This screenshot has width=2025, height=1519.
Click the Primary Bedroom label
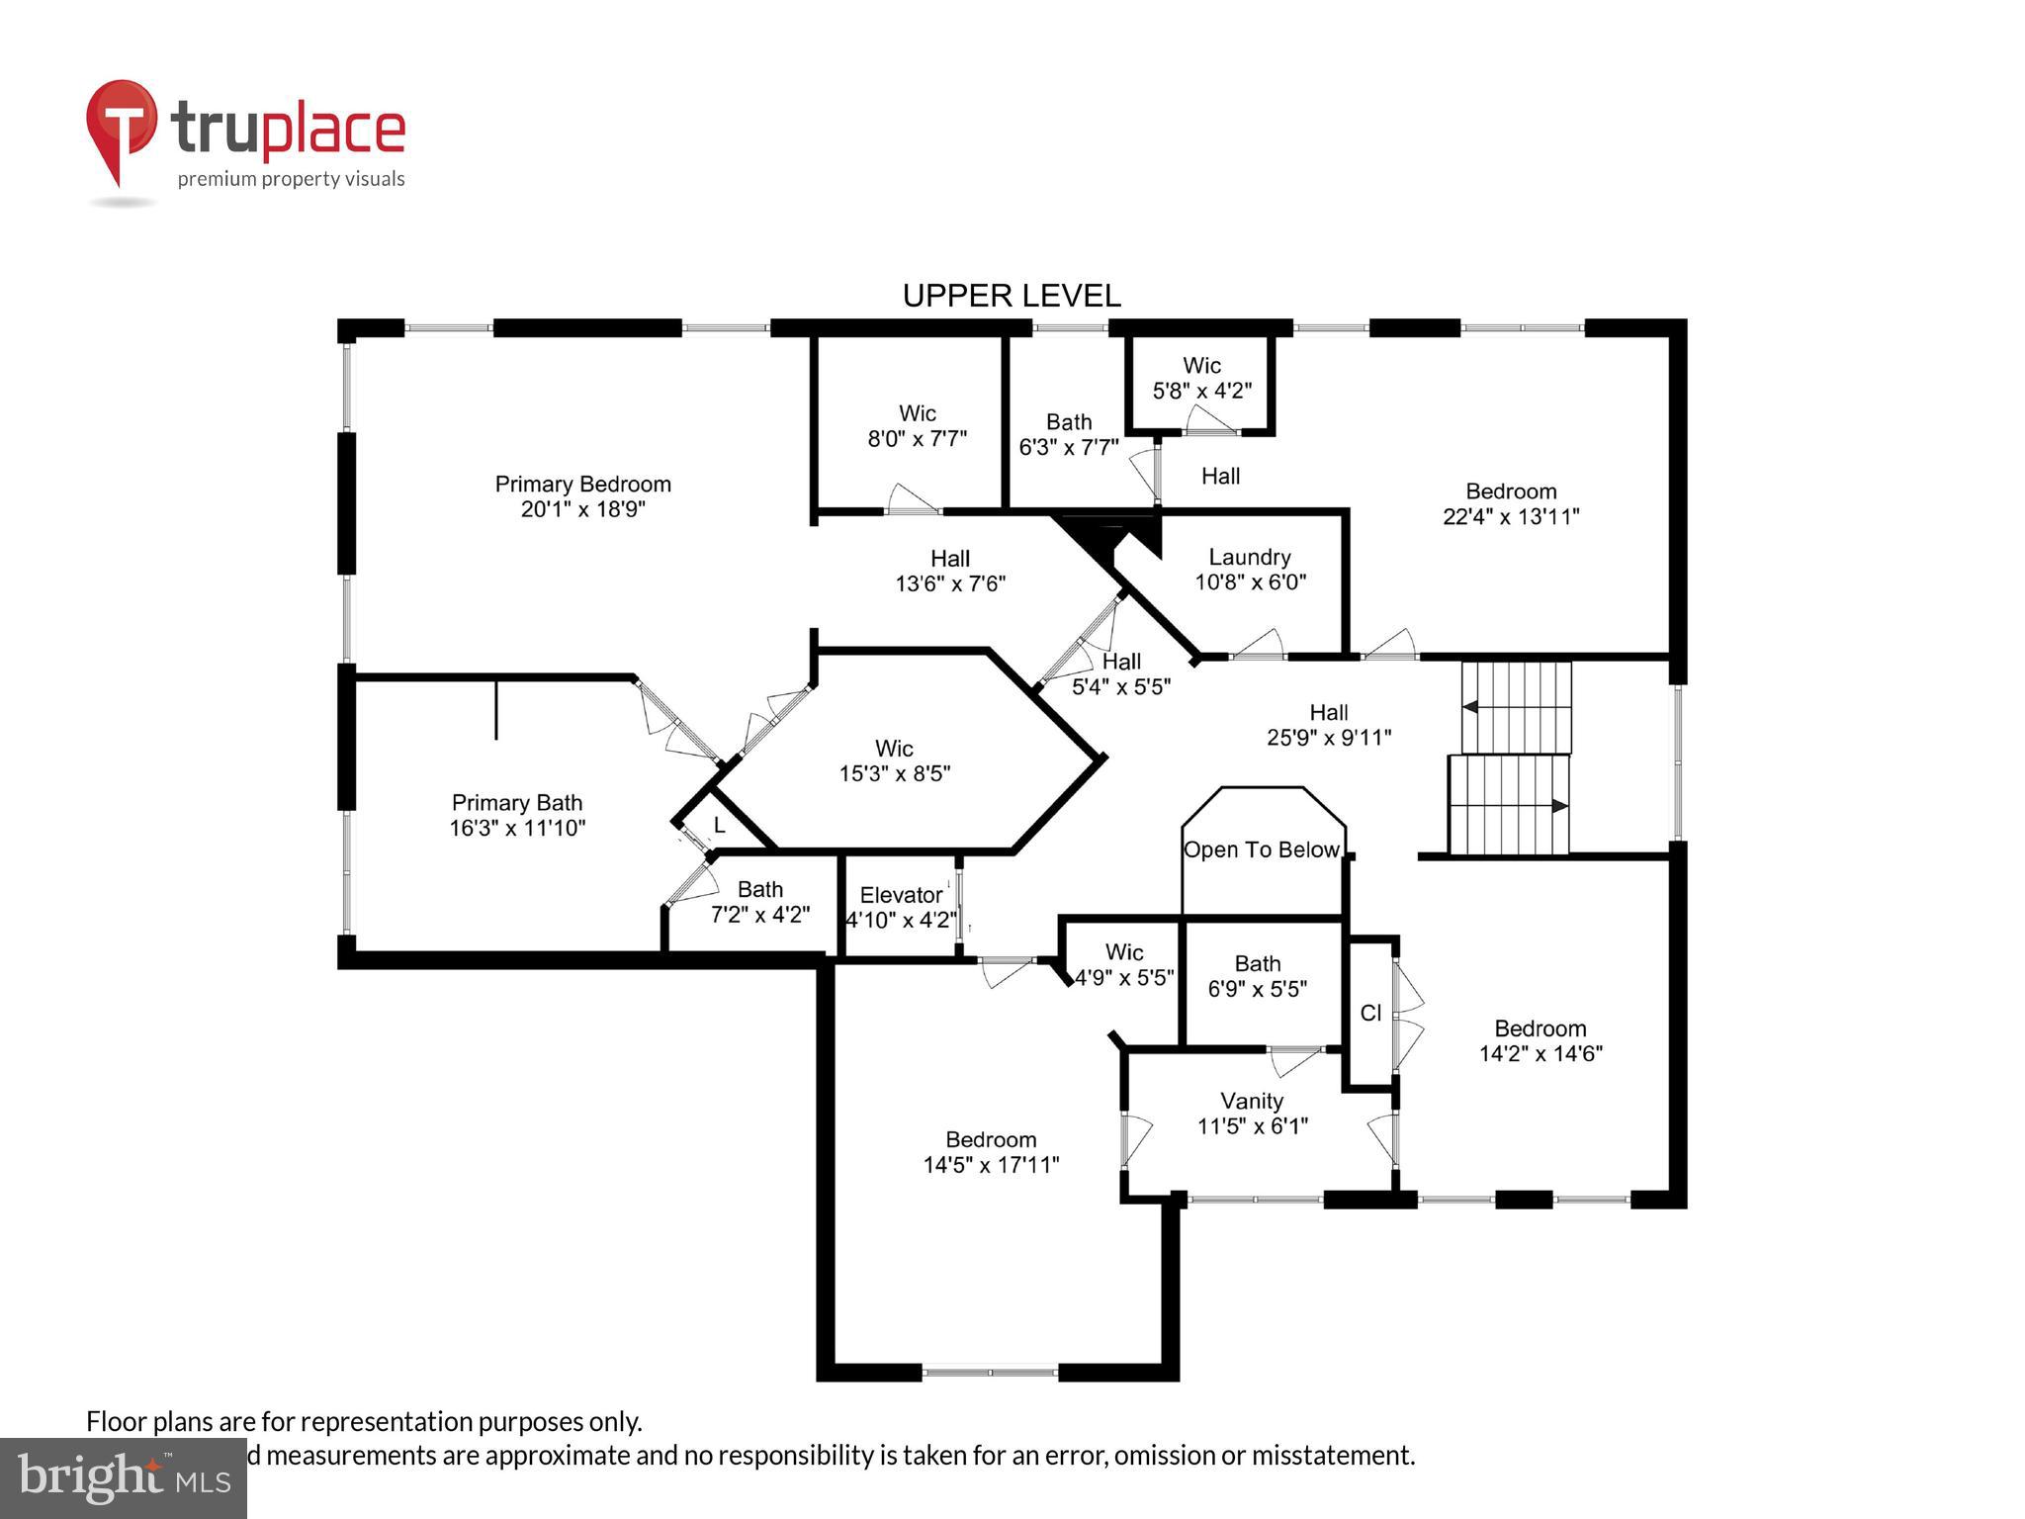click(x=582, y=485)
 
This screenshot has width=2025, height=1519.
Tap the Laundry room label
click(x=1249, y=558)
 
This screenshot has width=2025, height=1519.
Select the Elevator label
click(x=900, y=895)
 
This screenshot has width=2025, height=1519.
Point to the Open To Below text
click(x=1262, y=850)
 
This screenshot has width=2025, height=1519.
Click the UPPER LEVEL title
click(x=1012, y=296)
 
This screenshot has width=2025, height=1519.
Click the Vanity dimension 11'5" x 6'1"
click(x=1252, y=1125)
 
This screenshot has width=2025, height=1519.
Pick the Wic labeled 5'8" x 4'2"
click(x=1201, y=378)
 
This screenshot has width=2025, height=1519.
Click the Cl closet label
click(x=1370, y=1013)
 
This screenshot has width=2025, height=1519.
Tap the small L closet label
click(x=719, y=825)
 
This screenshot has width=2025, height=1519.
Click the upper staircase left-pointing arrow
click(x=1470, y=707)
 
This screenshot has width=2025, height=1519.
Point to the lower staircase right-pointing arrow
click(x=1559, y=806)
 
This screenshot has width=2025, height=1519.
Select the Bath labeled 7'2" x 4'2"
click(x=759, y=902)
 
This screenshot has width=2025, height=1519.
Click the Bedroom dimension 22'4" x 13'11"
click(x=1511, y=516)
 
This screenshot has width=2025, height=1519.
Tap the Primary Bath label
click(x=516, y=803)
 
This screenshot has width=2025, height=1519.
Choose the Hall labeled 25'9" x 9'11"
click(x=1328, y=725)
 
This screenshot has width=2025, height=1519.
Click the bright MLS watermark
click(x=123, y=1477)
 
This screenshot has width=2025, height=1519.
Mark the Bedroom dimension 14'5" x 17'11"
click(x=991, y=1165)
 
